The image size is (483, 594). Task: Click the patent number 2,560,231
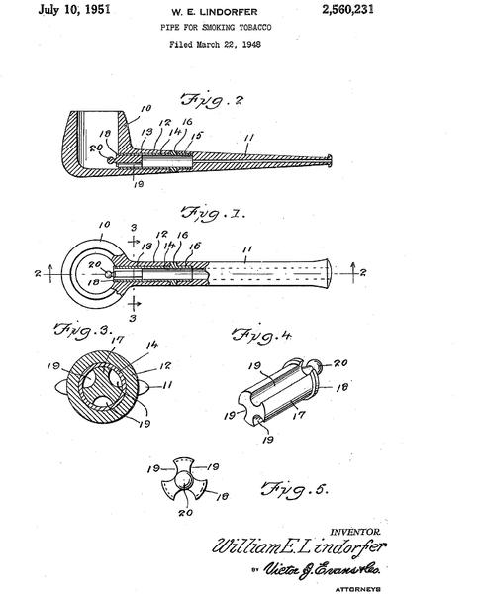347,9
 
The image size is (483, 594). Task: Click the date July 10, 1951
74,9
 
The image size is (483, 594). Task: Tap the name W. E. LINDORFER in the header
215,12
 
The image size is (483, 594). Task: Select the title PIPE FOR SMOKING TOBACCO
216,28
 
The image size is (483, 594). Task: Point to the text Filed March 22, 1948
215,44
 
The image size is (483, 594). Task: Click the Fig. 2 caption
212,100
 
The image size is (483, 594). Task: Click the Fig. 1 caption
213,212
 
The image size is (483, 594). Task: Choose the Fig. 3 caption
82,329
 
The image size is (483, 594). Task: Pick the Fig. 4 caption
261,335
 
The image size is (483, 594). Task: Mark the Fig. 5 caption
294,489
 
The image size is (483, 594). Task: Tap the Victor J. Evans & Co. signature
322,569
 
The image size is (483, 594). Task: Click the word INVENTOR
355,532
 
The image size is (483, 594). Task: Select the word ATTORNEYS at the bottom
358,589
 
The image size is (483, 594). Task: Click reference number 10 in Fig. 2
145,108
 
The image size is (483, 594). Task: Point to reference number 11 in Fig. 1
247,249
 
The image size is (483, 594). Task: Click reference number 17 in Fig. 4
299,415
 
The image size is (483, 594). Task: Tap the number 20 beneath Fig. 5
185,513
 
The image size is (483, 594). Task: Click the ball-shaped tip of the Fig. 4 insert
314,365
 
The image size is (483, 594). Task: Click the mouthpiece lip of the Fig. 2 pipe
330,160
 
